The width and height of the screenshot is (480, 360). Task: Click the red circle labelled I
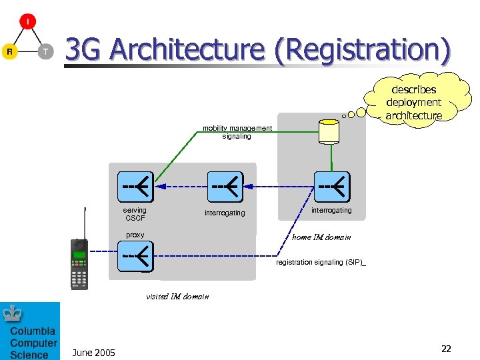(27, 21)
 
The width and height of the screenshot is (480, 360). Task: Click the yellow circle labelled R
(9, 51)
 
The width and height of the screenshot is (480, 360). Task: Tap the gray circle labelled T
(45, 51)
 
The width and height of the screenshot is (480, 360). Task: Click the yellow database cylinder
(329, 131)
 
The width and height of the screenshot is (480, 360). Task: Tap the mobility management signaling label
(237, 132)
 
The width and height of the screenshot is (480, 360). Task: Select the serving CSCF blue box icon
(135, 187)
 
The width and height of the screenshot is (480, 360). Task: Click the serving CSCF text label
(135, 214)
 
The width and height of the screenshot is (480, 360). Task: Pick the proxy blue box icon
(135, 256)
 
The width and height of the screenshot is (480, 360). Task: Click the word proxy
(135, 235)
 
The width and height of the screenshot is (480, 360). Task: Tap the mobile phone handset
(79, 263)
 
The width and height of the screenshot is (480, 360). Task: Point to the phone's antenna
(84, 223)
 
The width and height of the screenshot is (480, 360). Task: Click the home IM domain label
(321, 237)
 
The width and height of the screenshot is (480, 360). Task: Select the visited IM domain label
(177, 297)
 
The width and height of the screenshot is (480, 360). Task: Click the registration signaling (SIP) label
(321, 263)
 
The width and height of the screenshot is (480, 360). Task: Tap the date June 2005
(93, 353)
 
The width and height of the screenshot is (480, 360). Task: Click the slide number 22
(446, 349)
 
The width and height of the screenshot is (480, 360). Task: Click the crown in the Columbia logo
(13, 313)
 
